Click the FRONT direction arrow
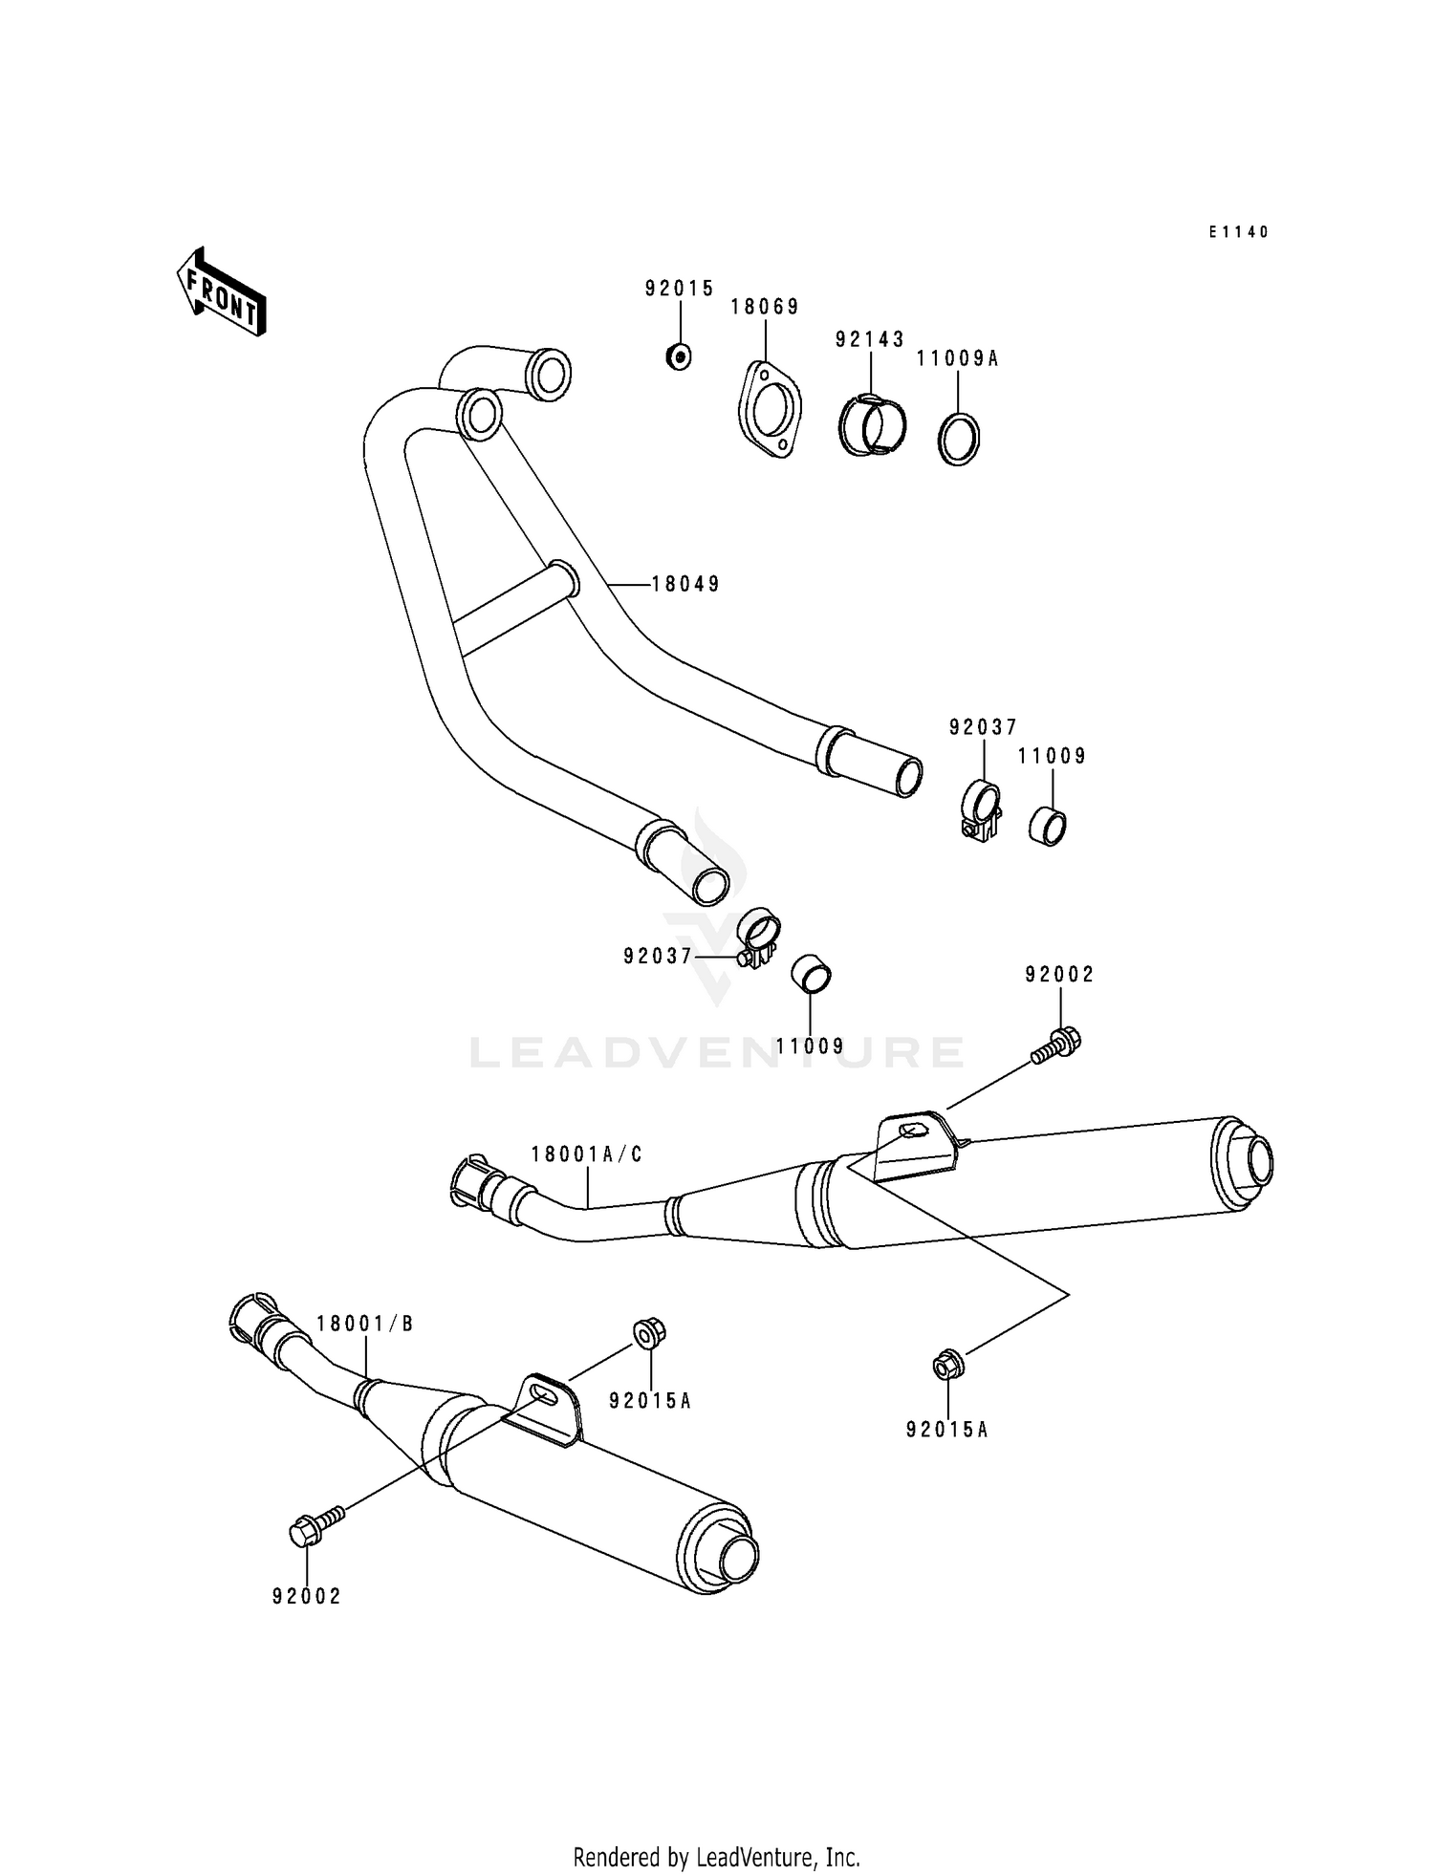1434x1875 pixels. [221, 292]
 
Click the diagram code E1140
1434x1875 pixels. [1238, 232]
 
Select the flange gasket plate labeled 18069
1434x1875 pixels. [769, 411]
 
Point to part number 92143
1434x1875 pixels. [869, 339]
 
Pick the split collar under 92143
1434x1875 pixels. [872, 425]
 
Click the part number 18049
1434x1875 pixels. [685, 584]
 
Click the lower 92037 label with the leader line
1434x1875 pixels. [658, 955]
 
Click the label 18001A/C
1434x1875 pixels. [586, 1154]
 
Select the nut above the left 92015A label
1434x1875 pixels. [650, 1332]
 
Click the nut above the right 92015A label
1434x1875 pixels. [946, 1366]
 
